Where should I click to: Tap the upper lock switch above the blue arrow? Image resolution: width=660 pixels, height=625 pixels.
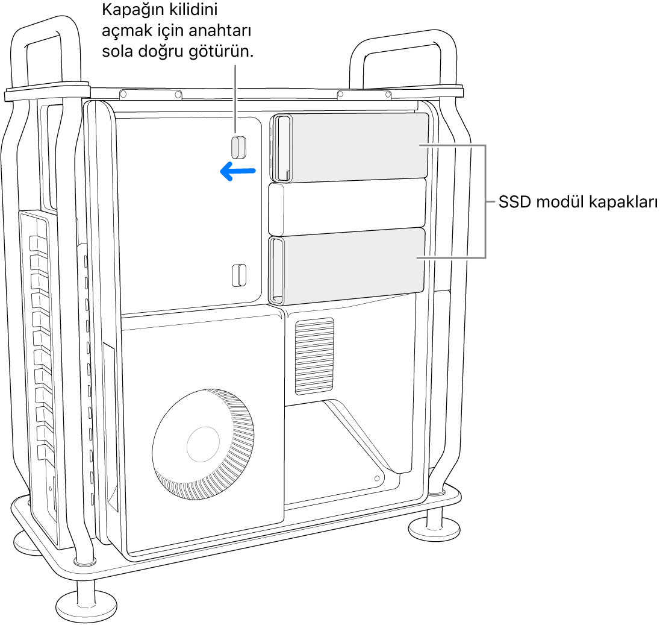[x=238, y=146]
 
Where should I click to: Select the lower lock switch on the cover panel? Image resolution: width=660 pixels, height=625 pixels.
[x=239, y=274]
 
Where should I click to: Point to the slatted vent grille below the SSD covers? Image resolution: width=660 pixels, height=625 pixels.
[x=314, y=356]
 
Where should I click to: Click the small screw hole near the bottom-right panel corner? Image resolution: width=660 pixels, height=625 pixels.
[x=377, y=478]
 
